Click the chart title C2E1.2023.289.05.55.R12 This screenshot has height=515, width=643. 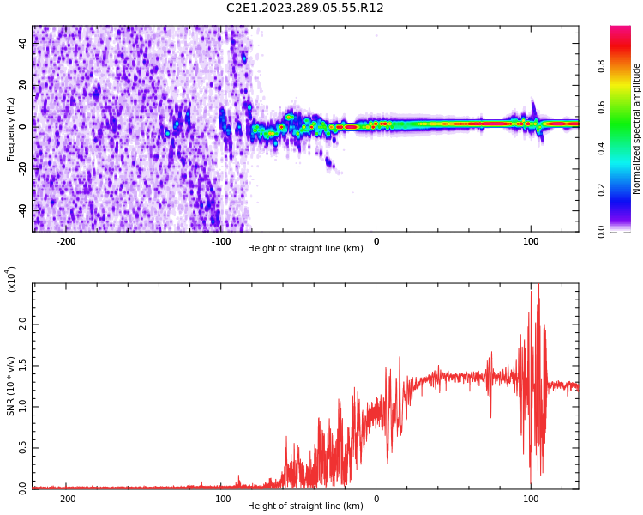[x=304, y=9]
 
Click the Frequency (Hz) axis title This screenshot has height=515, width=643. [x=11, y=129]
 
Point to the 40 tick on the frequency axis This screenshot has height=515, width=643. [x=22, y=42]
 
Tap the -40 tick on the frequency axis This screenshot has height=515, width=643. [x=22, y=209]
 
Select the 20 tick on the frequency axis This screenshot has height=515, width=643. [x=22, y=84]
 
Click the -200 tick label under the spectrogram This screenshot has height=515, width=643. [x=66, y=241]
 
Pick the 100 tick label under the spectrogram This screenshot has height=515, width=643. [x=531, y=241]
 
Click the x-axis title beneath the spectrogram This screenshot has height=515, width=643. [x=305, y=249]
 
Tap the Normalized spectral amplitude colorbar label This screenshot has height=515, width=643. [x=637, y=129]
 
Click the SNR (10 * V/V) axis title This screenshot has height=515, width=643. [x=11, y=386]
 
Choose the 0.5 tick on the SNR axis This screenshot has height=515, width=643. [x=22, y=448]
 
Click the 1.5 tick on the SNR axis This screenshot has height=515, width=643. [x=22, y=366]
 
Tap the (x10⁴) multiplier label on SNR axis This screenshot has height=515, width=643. [x=11, y=279]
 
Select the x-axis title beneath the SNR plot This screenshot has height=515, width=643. [x=305, y=506]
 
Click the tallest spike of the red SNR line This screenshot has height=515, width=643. [x=538, y=286]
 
